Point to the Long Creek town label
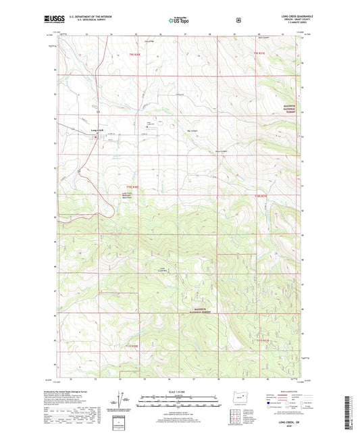(x=97, y=130)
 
